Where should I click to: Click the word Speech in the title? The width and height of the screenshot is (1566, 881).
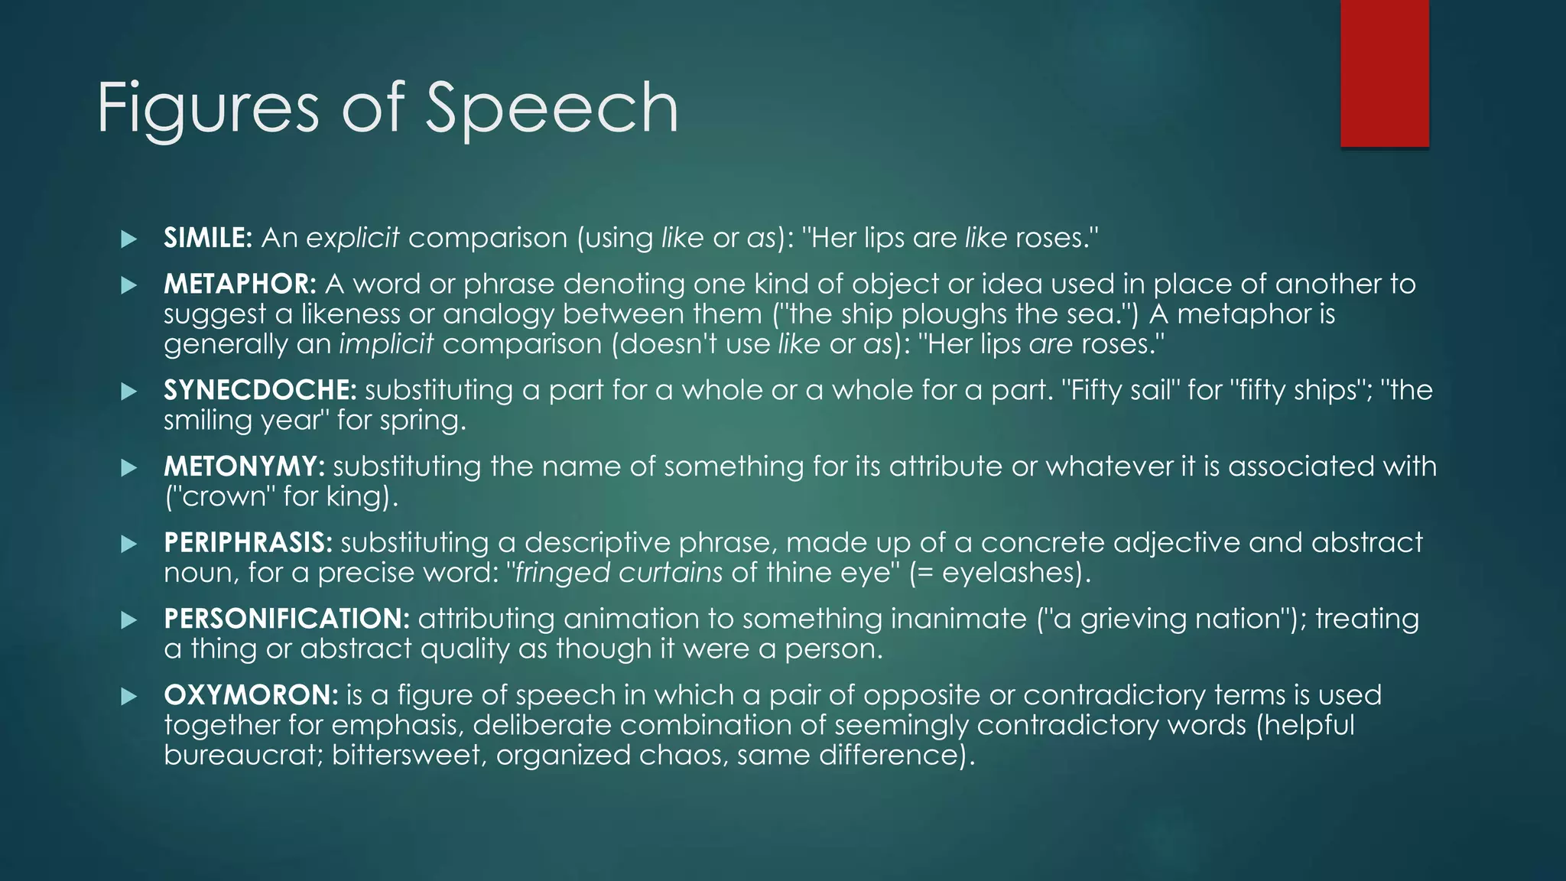(551, 109)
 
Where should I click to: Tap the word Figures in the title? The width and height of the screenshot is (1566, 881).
(207, 109)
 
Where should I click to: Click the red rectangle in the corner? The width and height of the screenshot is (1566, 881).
(1384, 73)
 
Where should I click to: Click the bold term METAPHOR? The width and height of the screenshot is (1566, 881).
(239, 284)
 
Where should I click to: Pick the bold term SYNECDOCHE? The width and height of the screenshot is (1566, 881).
(260, 390)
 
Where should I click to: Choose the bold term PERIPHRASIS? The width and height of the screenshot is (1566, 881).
(248, 542)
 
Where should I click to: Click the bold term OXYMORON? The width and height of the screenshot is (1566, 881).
(251, 694)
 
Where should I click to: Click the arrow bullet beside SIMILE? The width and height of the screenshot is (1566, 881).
(128, 239)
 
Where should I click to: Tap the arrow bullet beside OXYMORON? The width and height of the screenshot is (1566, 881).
(128, 696)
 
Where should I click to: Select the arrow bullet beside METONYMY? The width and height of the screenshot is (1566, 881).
(128, 467)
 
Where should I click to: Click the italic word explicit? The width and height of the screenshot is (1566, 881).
(353, 238)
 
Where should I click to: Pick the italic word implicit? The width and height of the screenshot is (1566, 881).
(386, 343)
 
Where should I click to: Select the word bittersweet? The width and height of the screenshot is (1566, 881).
(408, 755)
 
